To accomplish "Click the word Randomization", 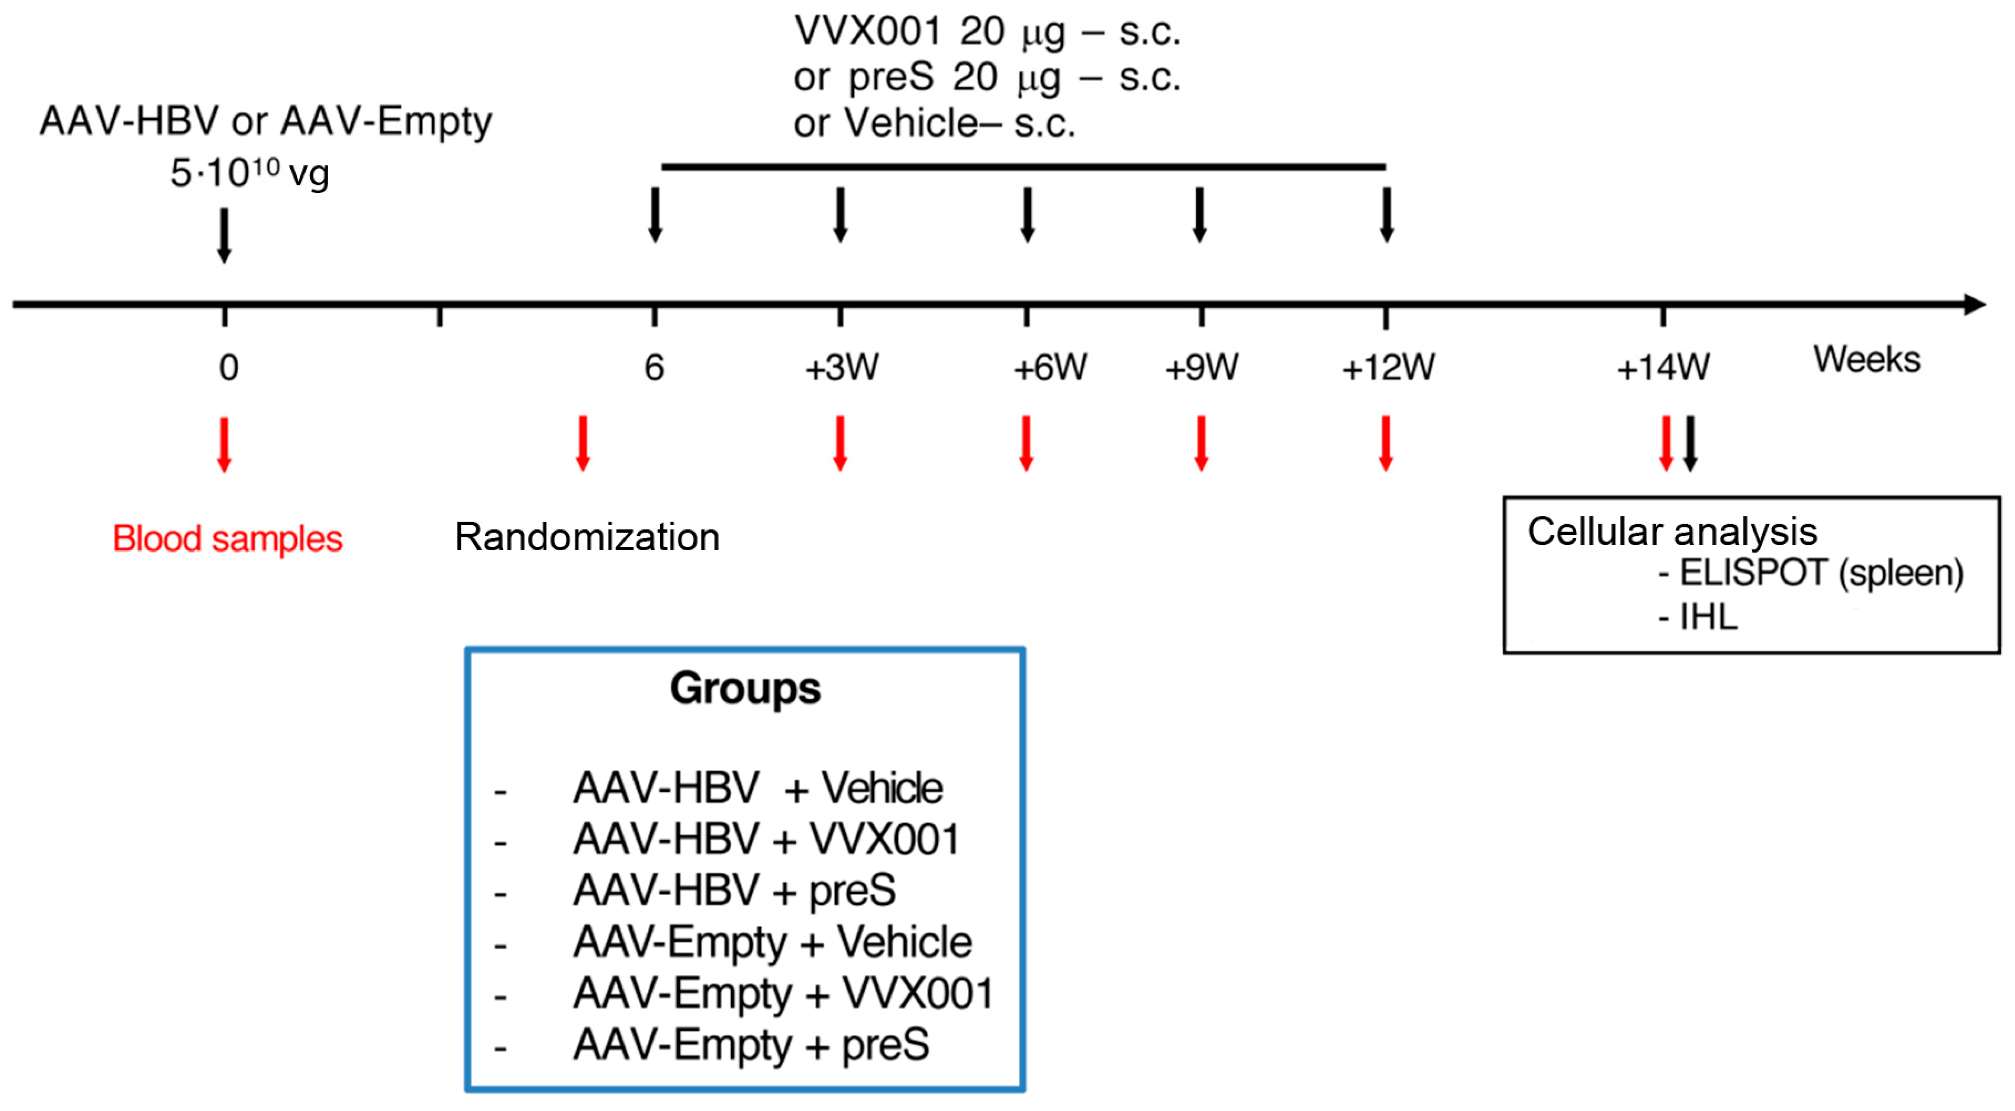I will point(586,537).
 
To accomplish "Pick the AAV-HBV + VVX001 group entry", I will point(766,839).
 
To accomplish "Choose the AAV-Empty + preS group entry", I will point(751,1044).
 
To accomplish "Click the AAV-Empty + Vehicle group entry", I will point(772,941).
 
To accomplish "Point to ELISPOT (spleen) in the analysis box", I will point(1820,573).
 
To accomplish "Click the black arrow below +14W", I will point(1690,444).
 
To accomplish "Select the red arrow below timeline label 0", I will point(224,444).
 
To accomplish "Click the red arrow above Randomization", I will point(583,444).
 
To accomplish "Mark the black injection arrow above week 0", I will point(224,235).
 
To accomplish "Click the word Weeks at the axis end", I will point(1866,360).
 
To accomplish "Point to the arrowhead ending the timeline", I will point(1975,304).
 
